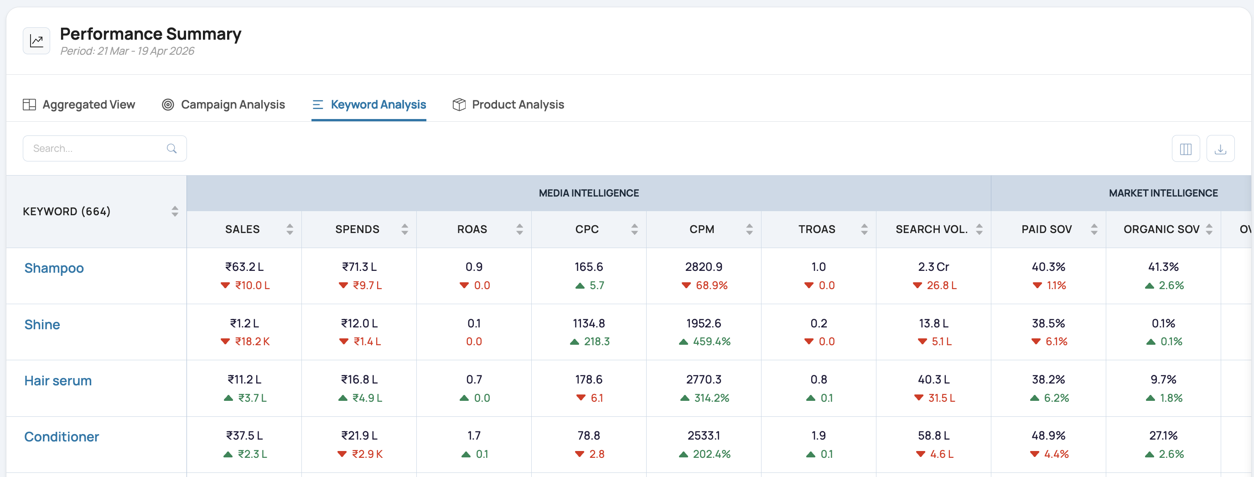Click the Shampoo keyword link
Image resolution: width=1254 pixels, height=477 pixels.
tap(54, 268)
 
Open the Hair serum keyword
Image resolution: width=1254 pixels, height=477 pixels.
tap(58, 381)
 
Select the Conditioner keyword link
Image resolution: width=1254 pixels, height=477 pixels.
tap(62, 436)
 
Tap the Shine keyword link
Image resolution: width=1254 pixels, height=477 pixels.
tap(42, 325)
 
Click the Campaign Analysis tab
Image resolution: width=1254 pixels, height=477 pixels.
tap(223, 104)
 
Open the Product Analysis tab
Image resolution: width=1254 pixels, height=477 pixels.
tap(508, 104)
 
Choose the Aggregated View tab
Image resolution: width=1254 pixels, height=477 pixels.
tap(79, 104)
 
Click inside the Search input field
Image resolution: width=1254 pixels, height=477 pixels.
tap(105, 149)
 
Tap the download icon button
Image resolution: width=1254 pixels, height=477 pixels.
tap(1220, 149)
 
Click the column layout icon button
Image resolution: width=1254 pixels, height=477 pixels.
tap(1186, 149)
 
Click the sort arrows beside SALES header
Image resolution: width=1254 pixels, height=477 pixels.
tap(290, 229)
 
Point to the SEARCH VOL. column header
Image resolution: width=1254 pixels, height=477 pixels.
tap(932, 229)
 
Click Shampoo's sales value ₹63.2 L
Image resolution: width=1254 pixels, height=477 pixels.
tap(244, 267)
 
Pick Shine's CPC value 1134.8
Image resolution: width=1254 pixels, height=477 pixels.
tap(589, 323)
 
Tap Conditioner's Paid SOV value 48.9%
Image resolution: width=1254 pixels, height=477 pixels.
tap(1048, 436)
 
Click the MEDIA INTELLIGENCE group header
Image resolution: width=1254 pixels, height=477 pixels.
tap(589, 193)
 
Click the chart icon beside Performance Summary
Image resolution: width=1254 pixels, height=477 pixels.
tap(36, 41)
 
